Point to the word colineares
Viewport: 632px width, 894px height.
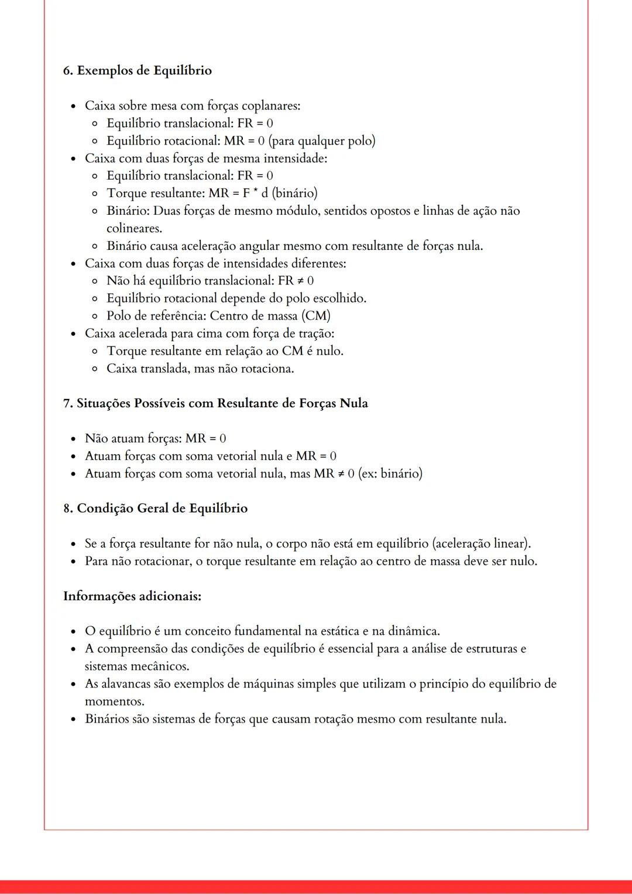(x=134, y=229)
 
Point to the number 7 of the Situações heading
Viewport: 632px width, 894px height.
(x=67, y=404)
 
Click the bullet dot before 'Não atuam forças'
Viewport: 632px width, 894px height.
(x=73, y=439)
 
